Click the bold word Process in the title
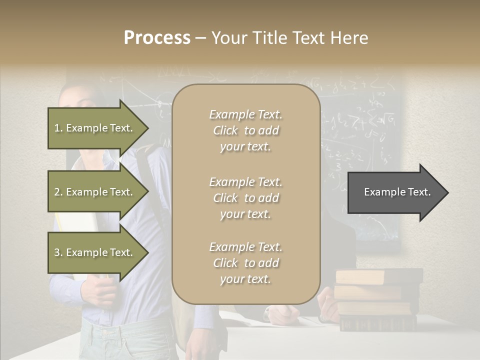pyautogui.click(x=157, y=38)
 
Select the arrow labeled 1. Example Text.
pyautogui.click(x=95, y=128)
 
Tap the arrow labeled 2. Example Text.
pyautogui.click(x=95, y=192)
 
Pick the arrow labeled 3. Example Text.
pyautogui.click(x=95, y=252)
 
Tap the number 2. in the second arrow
pyautogui.click(x=58, y=192)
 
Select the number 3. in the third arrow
pyautogui.click(x=58, y=252)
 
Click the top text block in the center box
pyautogui.click(x=245, y=130)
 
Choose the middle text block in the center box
pyautogui.click(x=245, y=198)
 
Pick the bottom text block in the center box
pyautogui.click(x=245, y=263)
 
